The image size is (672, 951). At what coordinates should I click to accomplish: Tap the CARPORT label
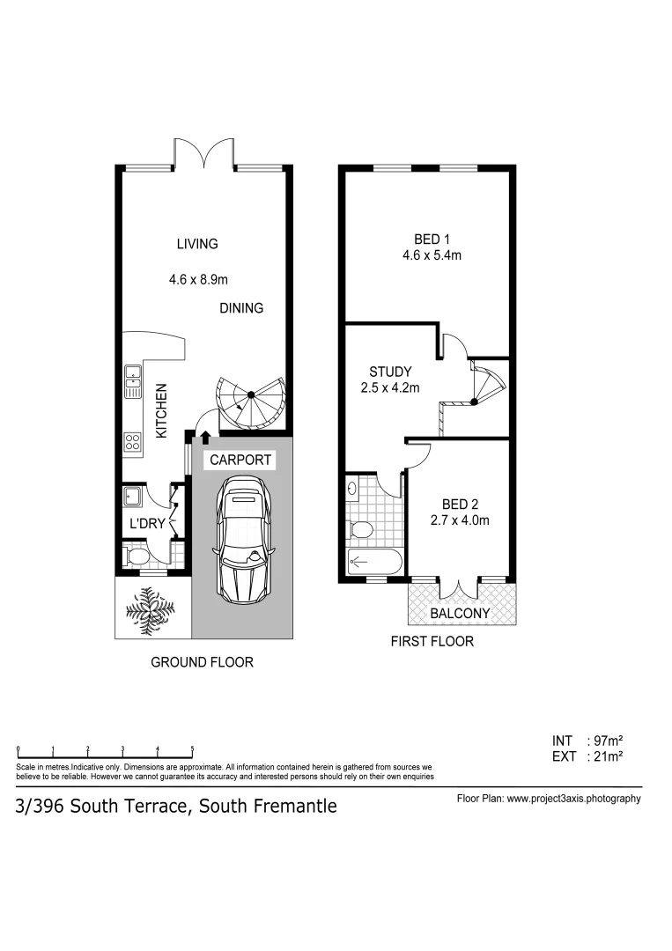[x=240, y=460]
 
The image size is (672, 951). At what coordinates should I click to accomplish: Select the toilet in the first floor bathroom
[x=362, y=529]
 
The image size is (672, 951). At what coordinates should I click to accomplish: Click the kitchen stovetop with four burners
[x=134, y=441]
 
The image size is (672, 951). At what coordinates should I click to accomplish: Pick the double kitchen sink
[x=134, y=381]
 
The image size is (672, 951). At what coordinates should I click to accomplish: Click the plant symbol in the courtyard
[x=152, y=608]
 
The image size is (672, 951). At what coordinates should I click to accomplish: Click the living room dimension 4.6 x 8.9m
[x=199, y=280]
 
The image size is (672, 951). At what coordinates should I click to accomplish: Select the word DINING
[x=241, y=308]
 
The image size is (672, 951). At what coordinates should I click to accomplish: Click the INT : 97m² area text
[x=587, y=741]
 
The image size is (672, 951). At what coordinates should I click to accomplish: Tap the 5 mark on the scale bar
[x=192, y=749]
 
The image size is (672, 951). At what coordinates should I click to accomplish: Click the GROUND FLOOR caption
[x=202, y=662]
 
